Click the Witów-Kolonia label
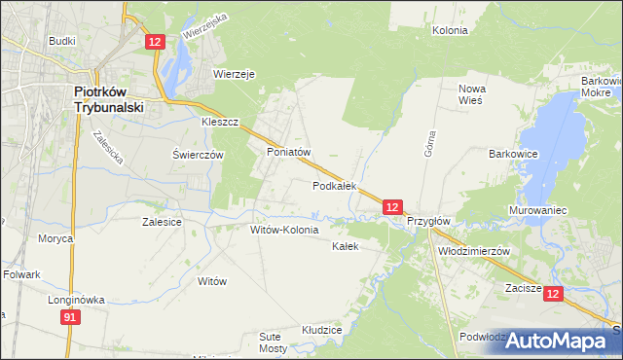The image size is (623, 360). click(x=284, y=231)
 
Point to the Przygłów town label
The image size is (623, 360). click(x=428, y=221)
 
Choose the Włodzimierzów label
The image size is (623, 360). click(x=475, y=250)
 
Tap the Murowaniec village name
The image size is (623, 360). click(x=537, y=210)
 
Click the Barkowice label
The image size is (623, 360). click(x=514, y=154)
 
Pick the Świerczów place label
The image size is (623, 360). click(x=199, y=155)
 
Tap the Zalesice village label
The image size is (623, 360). click(x=162, y=222)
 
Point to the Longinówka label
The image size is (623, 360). click(x=76, y=300)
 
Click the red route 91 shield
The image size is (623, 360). click(x=69, y=317)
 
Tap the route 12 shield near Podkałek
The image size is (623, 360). click(x=391, y=207)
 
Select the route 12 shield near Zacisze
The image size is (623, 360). click(x=553, y=294)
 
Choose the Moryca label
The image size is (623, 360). click(x=55, y=237)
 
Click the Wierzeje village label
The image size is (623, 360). click(x=234, y=73)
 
